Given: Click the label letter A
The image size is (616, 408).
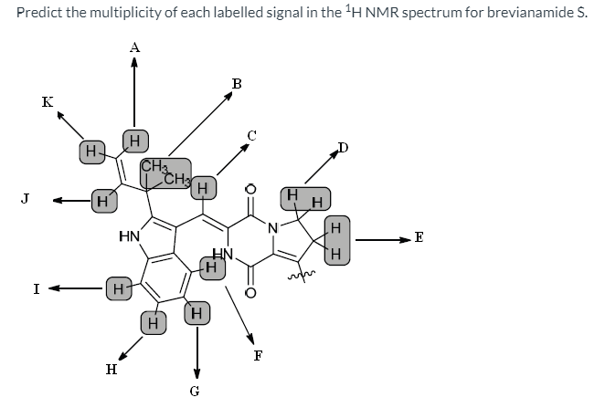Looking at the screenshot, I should [x=135, y=46].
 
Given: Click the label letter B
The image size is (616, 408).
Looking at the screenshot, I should [x=237, y=83].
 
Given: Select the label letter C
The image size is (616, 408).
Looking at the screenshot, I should [x=253, y=135].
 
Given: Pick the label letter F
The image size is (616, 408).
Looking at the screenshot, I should [x=257, y=357].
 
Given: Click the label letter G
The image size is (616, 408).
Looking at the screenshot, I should [x=193, y=393].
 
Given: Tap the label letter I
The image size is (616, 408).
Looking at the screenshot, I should [x=36, y=289].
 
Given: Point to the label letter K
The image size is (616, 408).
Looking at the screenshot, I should [x=47, y=102].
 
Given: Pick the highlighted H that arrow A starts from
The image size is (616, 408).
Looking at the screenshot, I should [x=134, y=141].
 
